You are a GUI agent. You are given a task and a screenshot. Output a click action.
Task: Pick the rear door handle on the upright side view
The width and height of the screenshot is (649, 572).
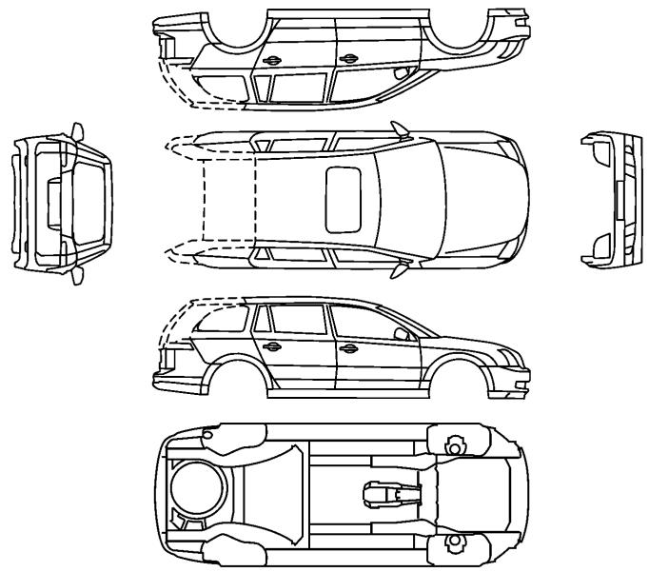pyautogui.click(x=272, y=345)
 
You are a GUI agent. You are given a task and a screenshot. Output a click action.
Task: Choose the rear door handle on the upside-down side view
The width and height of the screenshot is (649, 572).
pyautogui.click(x=272, y=61)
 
